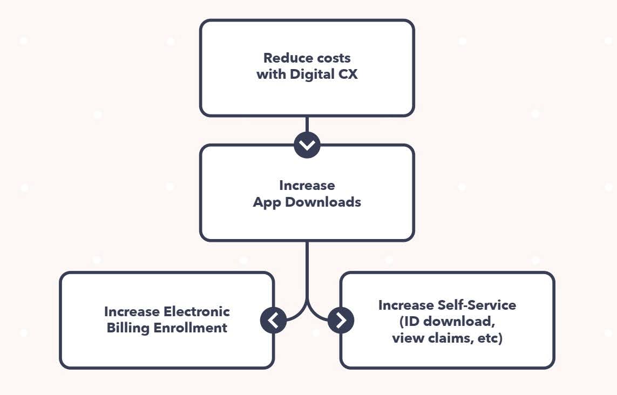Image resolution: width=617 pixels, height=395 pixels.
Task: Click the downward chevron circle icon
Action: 307,145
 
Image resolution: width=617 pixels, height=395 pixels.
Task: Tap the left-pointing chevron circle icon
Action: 274,321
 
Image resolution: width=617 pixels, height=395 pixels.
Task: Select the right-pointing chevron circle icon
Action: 341,321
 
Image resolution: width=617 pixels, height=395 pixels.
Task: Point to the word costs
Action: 334,58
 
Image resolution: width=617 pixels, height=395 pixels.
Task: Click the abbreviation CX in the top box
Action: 347,74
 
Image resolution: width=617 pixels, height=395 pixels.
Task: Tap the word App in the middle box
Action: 267,202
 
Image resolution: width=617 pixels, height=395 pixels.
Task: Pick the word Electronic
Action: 197,312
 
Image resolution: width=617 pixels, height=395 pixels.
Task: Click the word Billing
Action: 129,328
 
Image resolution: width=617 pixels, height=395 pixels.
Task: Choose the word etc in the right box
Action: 491,339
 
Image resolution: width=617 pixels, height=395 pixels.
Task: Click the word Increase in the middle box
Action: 307,186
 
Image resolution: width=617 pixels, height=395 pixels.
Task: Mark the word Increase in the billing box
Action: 132,312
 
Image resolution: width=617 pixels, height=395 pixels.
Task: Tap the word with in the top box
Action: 272,74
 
